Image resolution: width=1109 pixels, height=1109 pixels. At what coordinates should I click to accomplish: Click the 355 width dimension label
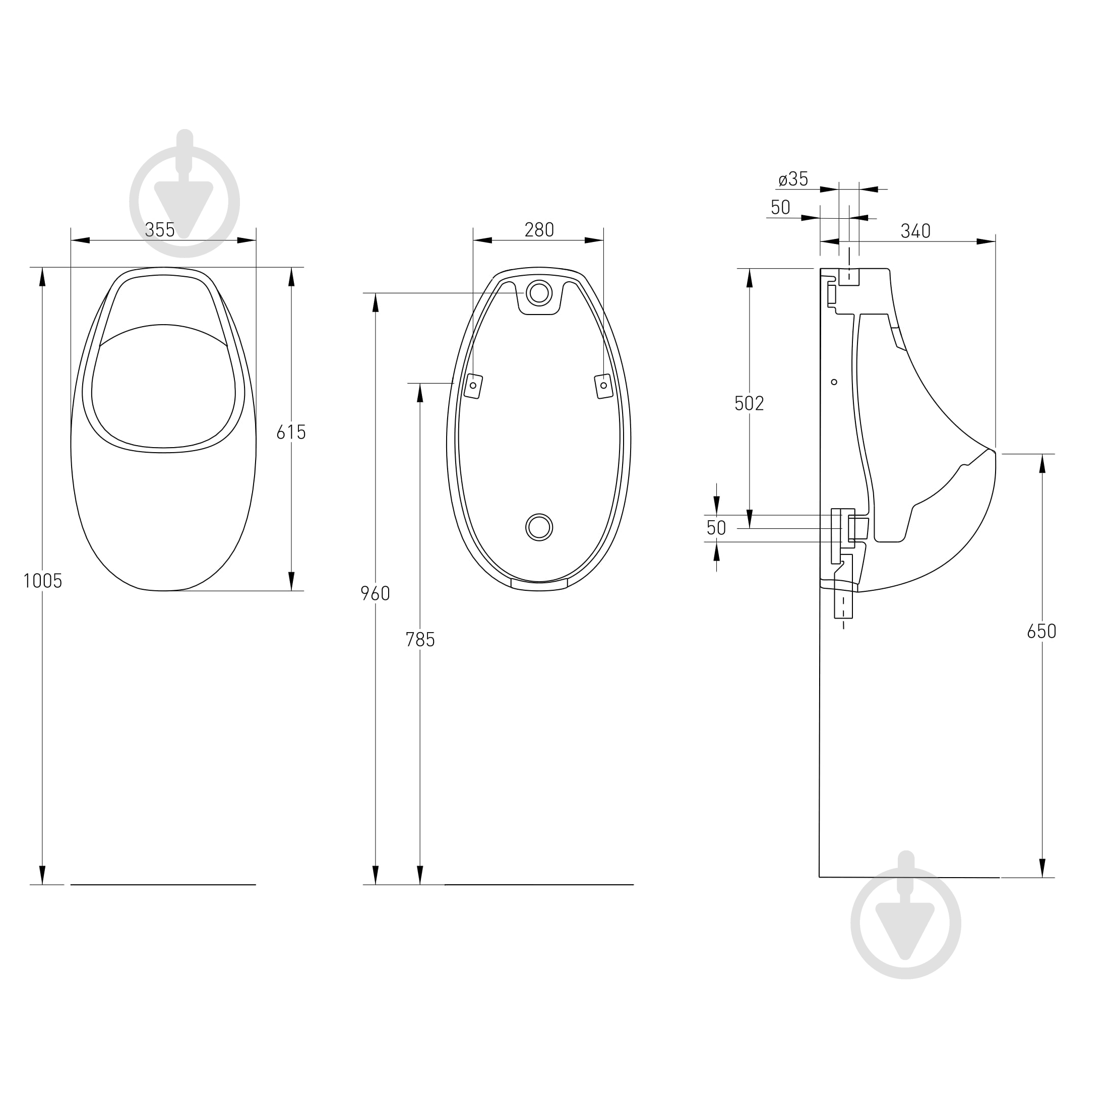tap(160, 230)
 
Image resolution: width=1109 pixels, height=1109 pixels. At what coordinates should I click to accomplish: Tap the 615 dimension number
tap(291, 432)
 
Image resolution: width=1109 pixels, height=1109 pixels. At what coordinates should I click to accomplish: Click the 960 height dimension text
tap(375, 593)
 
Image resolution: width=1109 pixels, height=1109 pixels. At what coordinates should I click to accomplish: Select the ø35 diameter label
tap(793, 179)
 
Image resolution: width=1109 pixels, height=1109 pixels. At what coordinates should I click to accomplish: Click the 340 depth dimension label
tap(915, 231)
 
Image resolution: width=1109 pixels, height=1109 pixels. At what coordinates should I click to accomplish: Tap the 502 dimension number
tap(749, 404)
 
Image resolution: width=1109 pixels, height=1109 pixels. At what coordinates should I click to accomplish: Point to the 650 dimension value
tap(1042, 632)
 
